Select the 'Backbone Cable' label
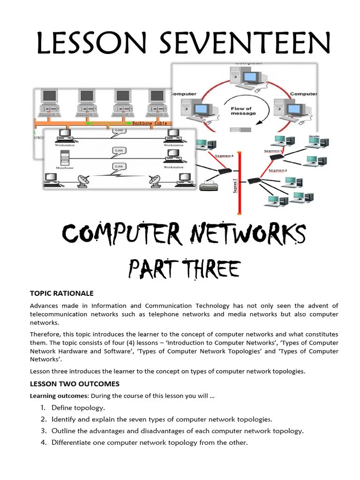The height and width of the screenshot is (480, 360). [x=150, y=123]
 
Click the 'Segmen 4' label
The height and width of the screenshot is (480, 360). [x=223, y=156]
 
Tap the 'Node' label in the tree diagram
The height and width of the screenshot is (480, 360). [x=315, y=136]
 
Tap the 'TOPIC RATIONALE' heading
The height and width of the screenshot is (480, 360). [x=62, y=293]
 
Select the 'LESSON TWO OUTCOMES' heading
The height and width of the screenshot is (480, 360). [x=75, y=383]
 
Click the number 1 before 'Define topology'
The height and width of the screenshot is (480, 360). [x=44, y=408]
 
